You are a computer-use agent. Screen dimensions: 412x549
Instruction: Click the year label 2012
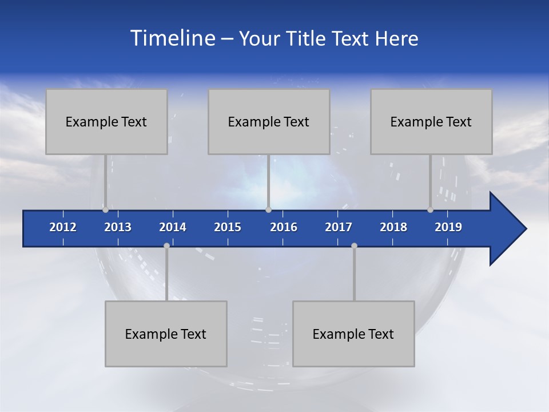point(63,227)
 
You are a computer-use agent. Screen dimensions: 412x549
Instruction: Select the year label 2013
point(118,227)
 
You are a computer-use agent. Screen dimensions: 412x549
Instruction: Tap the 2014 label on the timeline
point(173,227)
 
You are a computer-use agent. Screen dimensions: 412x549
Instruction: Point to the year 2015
point(228,227)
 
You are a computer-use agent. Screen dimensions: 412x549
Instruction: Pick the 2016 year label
point(284,227)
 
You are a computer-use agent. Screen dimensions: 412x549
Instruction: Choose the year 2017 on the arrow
point(339,227)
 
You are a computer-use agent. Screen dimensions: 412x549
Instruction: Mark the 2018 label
point(393,227)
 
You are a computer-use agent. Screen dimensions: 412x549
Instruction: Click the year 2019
point(448,227)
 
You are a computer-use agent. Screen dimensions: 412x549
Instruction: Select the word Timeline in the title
point(172,38)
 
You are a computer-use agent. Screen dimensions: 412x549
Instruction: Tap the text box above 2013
point(106,121)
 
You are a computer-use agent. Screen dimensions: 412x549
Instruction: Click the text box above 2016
point(269,121)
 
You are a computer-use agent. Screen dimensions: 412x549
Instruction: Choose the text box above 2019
point(431,121)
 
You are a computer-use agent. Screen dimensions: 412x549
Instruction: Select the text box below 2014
point(166,334)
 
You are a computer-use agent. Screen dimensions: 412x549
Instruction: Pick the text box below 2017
point(353,334)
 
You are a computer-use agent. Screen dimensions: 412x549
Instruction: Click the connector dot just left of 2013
point(105,210)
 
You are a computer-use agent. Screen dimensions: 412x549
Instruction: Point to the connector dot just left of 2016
point(268,210)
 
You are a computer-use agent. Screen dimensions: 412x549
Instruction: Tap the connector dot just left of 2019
point(430,210)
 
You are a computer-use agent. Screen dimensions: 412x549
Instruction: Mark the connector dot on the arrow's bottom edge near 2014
point(166,245)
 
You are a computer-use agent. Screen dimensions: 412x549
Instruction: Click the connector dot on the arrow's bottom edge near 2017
point(354,245)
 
